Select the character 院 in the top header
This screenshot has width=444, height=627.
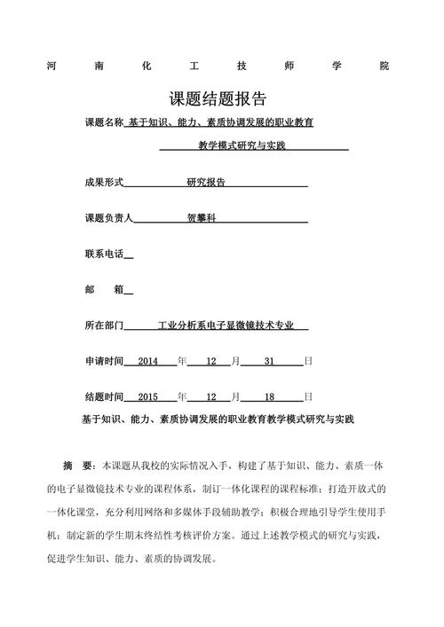[x=384, y=67]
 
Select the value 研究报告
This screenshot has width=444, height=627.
[x=206, y=182]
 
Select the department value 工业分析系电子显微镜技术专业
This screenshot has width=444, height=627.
[x=226, y=325]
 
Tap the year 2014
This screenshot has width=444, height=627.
[x=147, y=362]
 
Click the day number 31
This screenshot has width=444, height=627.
[x=271, y=362]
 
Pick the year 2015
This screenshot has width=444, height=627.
[x=147, y=396]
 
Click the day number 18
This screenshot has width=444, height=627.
[x=271, y=396]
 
